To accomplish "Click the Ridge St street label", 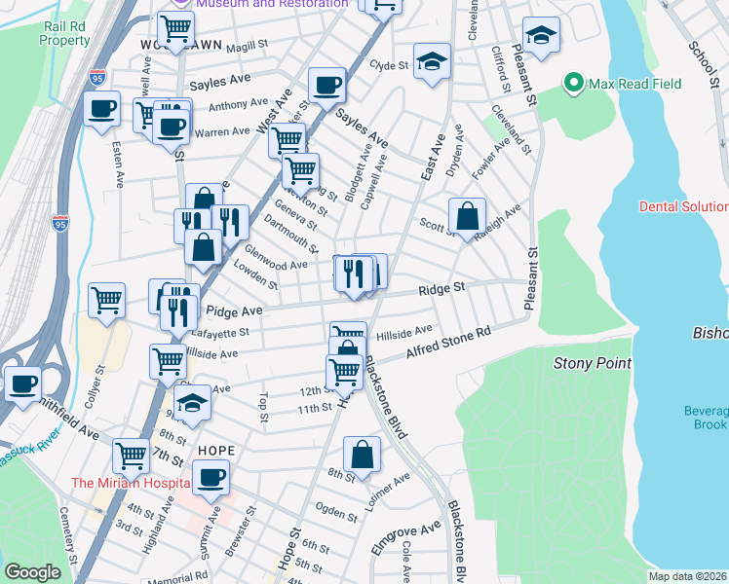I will pos(442,289).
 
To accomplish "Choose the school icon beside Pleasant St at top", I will pos(541,36).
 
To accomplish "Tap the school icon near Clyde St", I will pos(432,61).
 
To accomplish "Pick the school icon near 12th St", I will pos(194,403).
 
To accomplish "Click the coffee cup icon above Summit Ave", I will pos(210,478).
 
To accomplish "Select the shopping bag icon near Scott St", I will pos(468,216).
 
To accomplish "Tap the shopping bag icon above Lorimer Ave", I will pos(362,455).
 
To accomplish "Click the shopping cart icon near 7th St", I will pos(131,455).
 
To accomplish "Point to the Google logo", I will pos(32,572).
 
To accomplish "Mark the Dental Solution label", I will pos(683,206).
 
